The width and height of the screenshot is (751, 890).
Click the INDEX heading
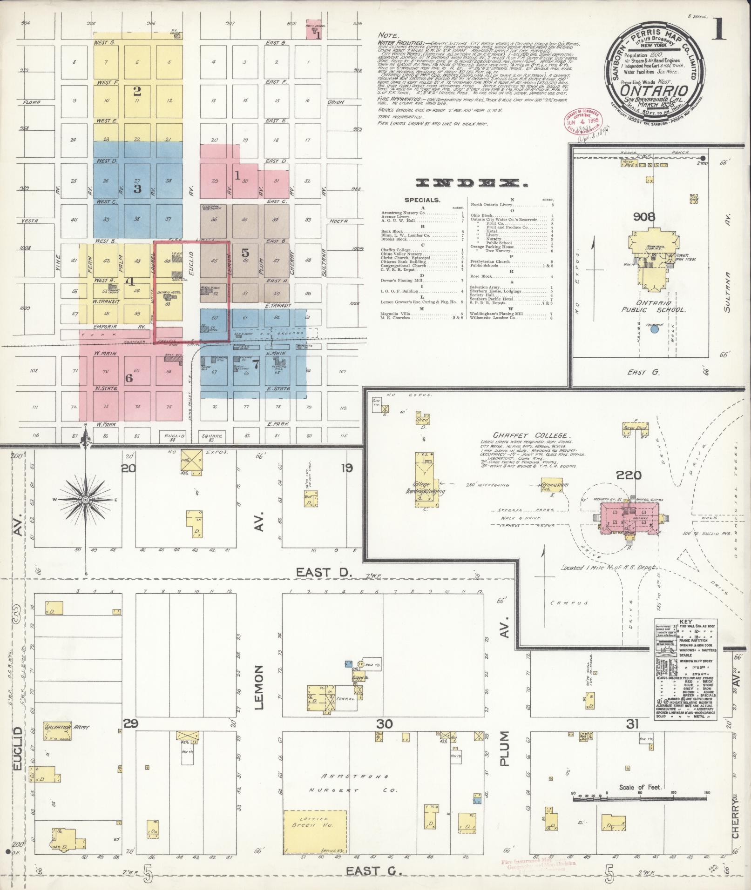click(x=472, y=183)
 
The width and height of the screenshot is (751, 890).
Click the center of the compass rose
click(x=86, y=500)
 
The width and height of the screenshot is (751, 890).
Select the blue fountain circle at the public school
click(x=655, y=329)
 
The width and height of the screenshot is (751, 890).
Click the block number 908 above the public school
click(x=644, y=216)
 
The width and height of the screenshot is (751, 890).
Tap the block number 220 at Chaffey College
click(x=628, y=475)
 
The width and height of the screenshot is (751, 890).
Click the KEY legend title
click(x=686, y=622)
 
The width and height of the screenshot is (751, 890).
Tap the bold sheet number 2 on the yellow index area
click(x=137, y=91)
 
